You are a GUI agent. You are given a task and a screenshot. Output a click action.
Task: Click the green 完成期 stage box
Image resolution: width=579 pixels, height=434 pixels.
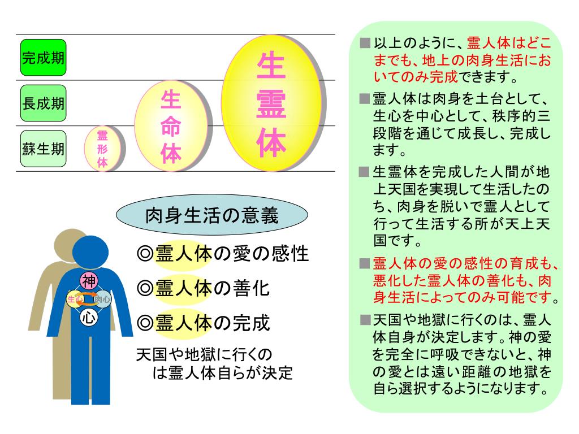coord(43,58)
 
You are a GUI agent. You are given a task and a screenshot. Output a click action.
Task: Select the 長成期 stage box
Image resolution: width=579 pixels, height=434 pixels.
coord(43,103)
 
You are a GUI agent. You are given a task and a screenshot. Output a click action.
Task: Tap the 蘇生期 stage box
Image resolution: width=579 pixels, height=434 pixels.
coord(43,149)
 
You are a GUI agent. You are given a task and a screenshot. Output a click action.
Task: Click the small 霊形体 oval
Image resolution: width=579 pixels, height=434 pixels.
coord(102,149)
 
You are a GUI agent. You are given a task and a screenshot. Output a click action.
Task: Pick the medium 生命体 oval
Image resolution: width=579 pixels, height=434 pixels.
coord(170,126)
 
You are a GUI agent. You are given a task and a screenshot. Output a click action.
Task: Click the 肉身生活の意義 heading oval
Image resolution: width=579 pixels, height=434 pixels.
coord(211,216)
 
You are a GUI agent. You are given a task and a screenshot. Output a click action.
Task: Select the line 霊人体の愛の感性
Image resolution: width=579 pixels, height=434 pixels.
coord(223,254)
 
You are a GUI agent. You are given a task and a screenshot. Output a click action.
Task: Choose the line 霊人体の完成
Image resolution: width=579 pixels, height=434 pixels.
coord(204,323)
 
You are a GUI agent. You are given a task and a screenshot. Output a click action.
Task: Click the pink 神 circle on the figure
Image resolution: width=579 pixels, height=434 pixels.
coord(89,280)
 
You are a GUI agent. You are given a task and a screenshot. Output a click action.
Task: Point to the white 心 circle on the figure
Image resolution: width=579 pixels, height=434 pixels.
coord(89,317)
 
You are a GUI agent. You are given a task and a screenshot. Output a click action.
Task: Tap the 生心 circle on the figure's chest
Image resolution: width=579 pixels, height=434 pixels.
coord(75,298)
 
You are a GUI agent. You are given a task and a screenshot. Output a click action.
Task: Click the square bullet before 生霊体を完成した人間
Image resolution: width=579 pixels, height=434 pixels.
coord(365,171)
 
